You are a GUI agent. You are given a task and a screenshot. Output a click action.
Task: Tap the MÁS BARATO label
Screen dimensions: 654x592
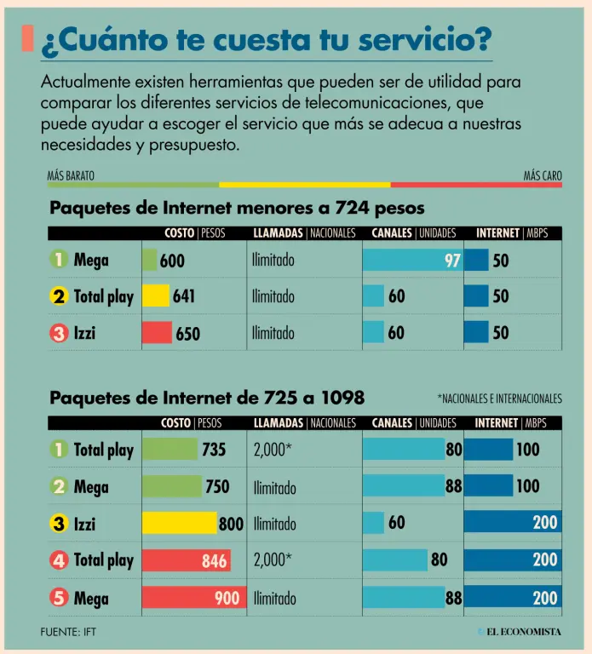(71, 176)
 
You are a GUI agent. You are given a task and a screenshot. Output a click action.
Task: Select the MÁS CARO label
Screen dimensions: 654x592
(543, 176)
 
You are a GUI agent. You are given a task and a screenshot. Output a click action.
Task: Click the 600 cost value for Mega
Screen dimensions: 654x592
(172, 261)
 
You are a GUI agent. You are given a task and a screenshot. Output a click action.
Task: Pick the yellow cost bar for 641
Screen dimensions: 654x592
(156, 296)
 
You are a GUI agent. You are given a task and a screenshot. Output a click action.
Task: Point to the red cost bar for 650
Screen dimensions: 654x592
(157, 333)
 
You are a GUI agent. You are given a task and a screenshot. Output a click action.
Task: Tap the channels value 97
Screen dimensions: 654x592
(452, 261)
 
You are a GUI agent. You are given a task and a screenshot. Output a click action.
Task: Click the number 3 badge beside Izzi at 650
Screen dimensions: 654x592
(59, 333)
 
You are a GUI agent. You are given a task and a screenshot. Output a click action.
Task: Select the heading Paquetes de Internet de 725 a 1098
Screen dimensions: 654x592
(207, 397)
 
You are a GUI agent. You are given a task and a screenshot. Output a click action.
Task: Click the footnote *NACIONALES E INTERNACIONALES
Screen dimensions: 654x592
(499, 398)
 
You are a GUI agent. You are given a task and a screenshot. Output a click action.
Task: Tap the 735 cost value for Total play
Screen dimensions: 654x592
(214, 450)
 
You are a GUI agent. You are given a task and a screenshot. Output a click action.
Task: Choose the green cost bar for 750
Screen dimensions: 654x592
(172, 486)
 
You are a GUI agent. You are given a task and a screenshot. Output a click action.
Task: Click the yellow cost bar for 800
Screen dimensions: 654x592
(179, 523)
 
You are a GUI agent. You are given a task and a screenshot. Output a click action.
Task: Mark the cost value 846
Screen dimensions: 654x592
(215, 560)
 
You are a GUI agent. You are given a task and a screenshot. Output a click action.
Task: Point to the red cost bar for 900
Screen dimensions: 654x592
(192, 598)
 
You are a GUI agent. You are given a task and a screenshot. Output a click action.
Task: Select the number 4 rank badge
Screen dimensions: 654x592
(59, 560)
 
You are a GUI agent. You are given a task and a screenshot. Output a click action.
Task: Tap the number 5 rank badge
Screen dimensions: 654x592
(59, 598)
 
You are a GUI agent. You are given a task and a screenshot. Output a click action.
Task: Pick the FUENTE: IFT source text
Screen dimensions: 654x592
(74, 632)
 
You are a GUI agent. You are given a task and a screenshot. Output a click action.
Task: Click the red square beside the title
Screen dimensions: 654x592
(27, 38)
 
